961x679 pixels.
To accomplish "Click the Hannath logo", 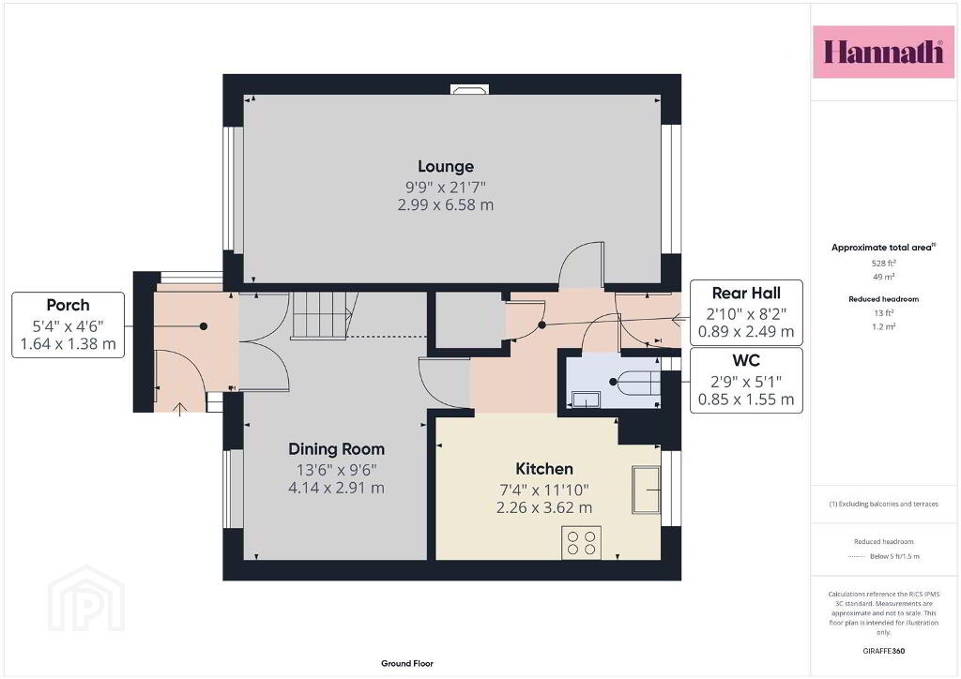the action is point(883,52).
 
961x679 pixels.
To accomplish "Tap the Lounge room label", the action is point(446,167).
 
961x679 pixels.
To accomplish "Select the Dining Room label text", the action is point(337,449).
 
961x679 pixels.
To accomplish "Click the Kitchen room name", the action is point(544,469).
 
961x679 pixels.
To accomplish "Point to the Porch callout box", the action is point(68,324).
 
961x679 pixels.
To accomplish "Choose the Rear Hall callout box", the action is point(746,312).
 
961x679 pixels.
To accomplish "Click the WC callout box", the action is point(746,380).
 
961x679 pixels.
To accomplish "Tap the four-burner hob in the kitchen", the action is point(581,542).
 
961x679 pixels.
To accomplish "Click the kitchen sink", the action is point(646,490).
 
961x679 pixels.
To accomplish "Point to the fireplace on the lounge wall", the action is point(470,89).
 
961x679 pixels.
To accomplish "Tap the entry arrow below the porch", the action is point(179,409).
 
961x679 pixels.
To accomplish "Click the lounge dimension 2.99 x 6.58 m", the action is point(446,204).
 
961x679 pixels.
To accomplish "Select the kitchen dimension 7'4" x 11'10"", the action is point(544,490).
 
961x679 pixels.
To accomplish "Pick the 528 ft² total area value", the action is point(884,264).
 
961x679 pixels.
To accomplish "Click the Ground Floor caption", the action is point(407,663).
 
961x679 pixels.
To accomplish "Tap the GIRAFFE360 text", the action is point(884,651).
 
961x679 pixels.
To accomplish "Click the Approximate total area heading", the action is point(883,248).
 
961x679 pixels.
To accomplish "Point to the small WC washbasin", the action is point(585,400).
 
